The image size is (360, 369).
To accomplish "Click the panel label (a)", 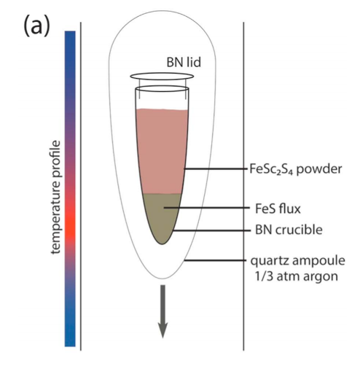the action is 36,26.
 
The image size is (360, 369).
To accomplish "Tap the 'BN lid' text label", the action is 184,62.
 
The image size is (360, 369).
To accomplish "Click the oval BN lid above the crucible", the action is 162,77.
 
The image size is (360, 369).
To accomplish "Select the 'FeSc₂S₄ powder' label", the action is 296,169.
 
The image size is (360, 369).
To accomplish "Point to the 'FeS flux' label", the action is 278,209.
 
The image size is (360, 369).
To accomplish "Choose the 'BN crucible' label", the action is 289,230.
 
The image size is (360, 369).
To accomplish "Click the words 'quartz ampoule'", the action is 298,261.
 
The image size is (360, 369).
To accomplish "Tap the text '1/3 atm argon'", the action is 297,276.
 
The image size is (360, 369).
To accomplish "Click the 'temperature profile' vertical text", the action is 55,197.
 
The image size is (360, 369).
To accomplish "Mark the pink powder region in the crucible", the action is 161,151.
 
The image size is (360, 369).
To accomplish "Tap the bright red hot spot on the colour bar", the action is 70,225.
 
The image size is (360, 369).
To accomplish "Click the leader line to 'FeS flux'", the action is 207,208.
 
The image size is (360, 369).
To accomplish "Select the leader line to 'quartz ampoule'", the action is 215,260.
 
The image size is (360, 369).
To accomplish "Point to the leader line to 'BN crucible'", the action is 211,230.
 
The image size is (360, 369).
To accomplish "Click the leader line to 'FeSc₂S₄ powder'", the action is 214,168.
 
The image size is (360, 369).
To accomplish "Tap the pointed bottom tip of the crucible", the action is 162,244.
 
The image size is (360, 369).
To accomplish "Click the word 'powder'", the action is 319,169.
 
